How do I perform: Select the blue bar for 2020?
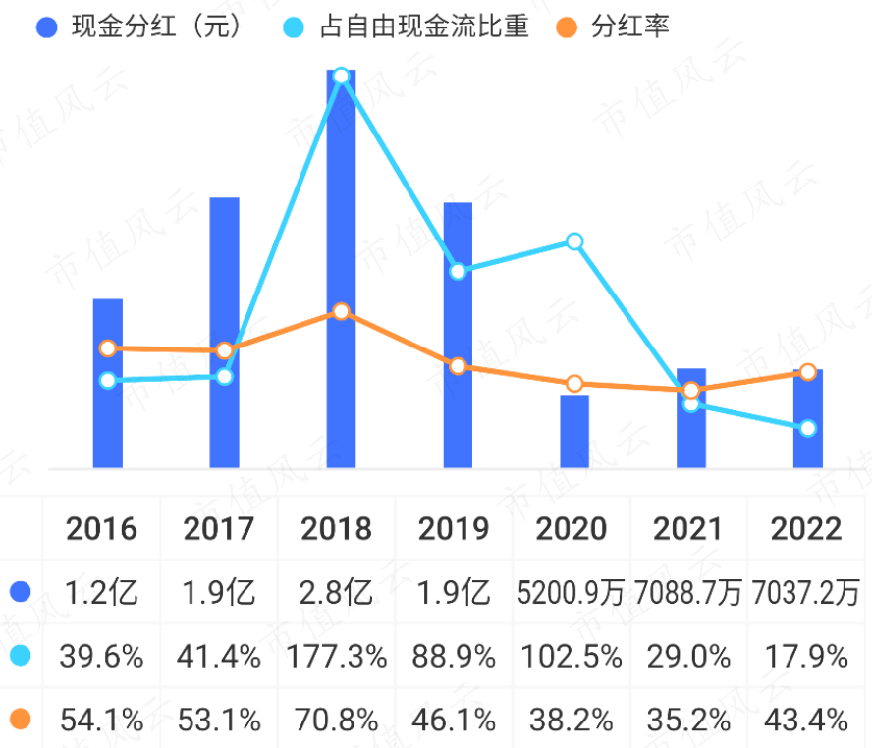point(574,431)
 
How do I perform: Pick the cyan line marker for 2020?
point(574,241)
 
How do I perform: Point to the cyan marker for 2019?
point(458,271)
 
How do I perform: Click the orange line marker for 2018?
point(341,311)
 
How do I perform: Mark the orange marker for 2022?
point(808,372)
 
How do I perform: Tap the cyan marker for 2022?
point(808,428)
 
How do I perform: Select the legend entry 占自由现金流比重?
point(412,27)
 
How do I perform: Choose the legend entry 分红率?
point(619,27)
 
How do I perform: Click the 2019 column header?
point(455,529)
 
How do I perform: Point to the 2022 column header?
point(806,529)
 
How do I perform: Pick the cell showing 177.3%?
point(337,657)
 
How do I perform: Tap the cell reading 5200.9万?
point(571,593)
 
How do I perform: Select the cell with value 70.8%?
point(337,721)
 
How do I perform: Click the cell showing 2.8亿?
point(337,593)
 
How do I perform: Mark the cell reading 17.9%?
point(806,657)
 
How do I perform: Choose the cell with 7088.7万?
point(688,593)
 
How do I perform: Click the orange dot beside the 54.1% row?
point(21,721)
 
